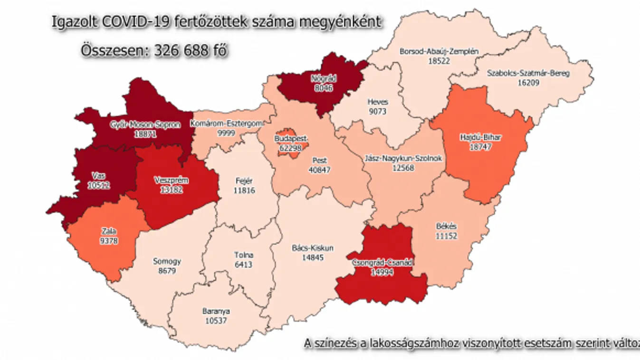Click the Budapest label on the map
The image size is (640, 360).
point(291,139)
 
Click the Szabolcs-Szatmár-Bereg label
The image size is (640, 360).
point(528,74)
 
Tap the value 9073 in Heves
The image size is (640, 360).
point(378,112)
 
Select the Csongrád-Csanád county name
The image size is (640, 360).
point(383,263)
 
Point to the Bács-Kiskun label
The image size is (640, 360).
point(312,248)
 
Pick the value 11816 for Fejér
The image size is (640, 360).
point(245,190)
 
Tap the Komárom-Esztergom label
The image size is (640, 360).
point(227,124)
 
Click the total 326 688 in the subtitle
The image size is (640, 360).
point(181,51)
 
